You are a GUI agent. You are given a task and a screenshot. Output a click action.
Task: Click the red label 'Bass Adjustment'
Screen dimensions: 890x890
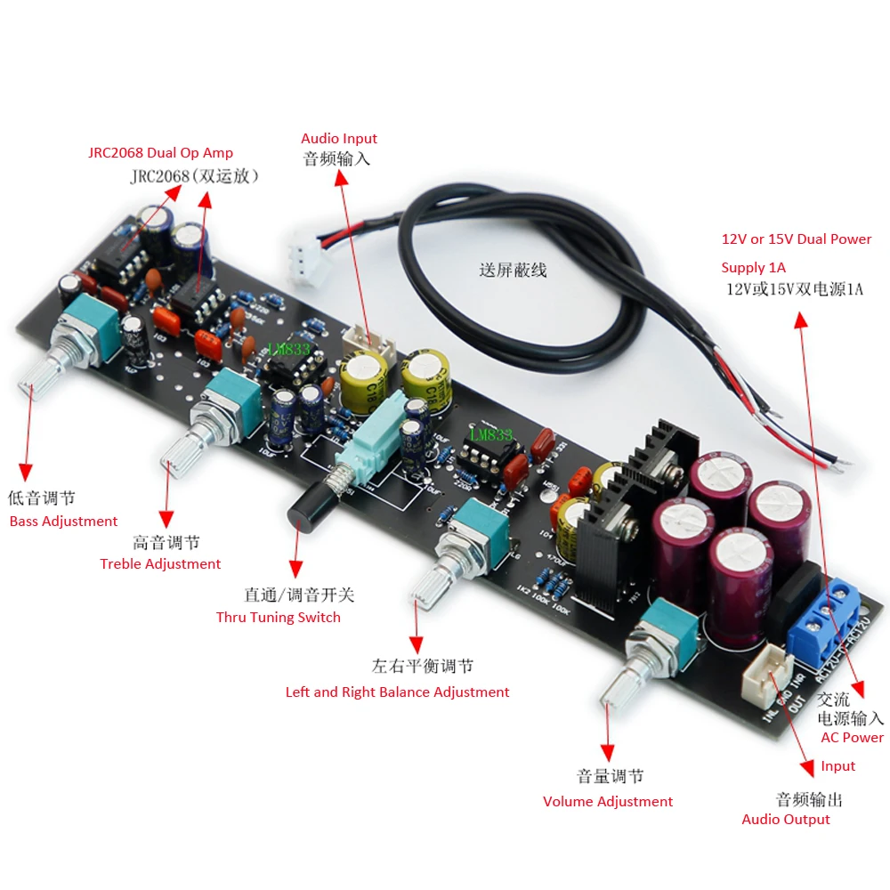click(x=63, y=522)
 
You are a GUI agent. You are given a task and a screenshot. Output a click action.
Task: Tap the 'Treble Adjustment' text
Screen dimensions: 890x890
click(x=160, y=564)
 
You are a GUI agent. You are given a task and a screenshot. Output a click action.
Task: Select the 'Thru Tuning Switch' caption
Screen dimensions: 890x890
click(x=278, y=618)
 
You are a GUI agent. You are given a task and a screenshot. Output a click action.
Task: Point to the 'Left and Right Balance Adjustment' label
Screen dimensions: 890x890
click(x=397, y=692)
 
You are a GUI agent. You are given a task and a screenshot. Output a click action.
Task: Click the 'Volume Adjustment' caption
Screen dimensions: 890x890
click(x=608, y=802)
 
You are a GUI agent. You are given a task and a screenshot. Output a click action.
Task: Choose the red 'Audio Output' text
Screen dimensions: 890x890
click(x=786, y=820)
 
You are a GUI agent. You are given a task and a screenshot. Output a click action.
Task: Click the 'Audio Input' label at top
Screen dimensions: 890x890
click(x=339, y=139)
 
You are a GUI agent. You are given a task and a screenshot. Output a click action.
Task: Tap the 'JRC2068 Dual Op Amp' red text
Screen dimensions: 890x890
click(x=160, y=153)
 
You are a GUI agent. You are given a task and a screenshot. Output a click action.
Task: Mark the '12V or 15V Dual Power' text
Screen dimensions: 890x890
click(x=797, y=239)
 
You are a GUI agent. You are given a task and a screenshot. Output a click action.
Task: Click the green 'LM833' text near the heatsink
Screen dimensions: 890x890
click(x=490, y=435)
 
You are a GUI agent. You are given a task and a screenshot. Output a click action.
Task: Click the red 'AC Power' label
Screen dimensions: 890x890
click(x=852, y=738)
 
